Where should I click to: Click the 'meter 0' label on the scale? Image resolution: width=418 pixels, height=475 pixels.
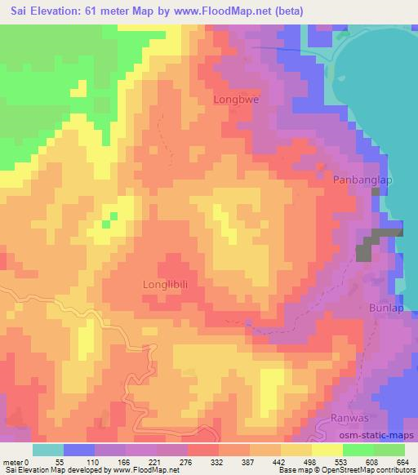click(x=18, y=462)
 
